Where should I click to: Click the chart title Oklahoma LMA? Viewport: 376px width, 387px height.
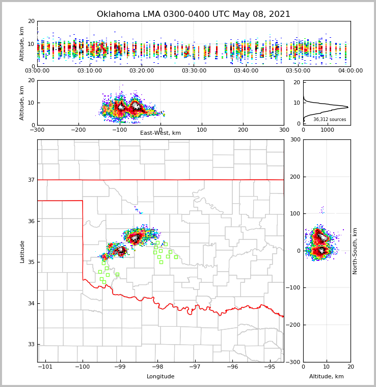click(194, 14)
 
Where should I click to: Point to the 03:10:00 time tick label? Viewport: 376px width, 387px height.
click(89, 71)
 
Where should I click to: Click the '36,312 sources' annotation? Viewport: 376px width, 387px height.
click(330, 119)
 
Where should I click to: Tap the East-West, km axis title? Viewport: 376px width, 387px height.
click(160, 133)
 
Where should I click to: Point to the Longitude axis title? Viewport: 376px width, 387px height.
click(160, 377)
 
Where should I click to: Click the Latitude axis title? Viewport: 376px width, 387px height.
click(22, 251)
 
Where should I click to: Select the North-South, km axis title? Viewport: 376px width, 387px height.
click(355, 251)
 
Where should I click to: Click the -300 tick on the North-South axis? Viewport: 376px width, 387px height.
click(294, 362)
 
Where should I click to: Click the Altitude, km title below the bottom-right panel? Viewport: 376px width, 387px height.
click(327, 377)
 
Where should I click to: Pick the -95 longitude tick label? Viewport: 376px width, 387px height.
click(270, 367)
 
